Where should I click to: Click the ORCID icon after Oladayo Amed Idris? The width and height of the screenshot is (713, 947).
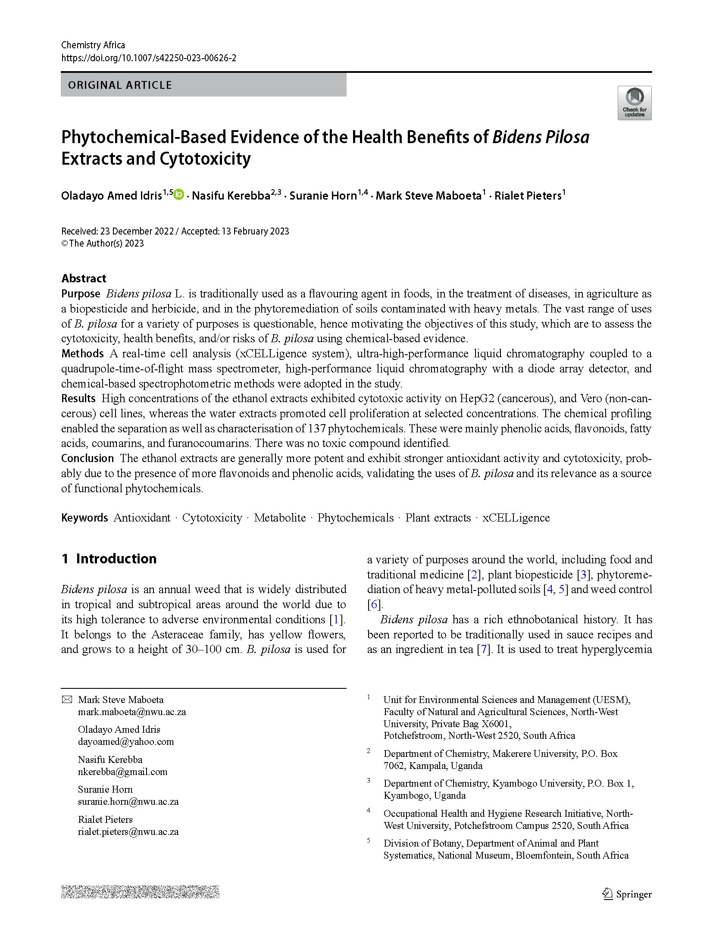[x=179, y=194]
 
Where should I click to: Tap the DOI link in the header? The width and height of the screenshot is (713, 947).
[x=149, y=58]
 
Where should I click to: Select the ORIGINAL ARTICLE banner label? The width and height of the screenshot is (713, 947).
[x=120, y=85]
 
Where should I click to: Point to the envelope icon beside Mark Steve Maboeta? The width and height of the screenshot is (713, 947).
[x=67, y=700]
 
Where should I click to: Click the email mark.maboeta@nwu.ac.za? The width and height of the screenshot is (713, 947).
[x=131, y=712]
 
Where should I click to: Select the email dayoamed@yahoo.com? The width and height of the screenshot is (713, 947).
[x=125, y=741]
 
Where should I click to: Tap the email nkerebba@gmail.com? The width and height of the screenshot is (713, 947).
[x=122, y=772]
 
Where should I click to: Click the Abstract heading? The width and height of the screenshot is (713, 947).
[x=84, y=278]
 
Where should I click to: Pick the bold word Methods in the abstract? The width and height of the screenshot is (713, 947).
[x=82, y=353]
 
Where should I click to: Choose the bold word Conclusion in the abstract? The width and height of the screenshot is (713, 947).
[x=87, y=458]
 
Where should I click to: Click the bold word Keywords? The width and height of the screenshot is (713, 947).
[x=84, y=518]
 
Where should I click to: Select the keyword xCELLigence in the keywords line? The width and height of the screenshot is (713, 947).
[x=516, y=518]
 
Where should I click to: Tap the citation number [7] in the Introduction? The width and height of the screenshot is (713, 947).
[x=482, y=649]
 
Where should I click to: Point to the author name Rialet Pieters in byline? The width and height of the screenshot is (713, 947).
[x=528, y=196]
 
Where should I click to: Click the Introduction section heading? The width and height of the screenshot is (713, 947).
[x=116, y=559]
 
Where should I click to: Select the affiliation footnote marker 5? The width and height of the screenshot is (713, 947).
[x=369, y=841]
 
